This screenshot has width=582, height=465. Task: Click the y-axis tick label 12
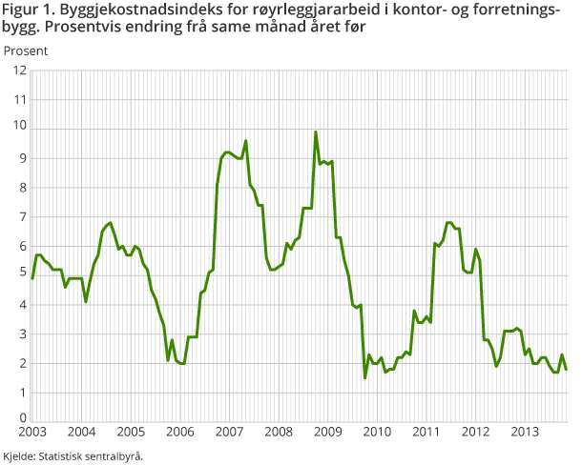pos(19,71)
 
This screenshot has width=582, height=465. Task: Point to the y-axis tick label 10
pos(19,129)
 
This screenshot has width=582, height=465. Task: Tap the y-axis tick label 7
pos(22,217)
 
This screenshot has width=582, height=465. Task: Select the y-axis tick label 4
pos(22,305)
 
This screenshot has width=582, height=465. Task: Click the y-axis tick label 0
pos(22,418)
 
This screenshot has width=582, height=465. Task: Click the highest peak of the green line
pos(316,131)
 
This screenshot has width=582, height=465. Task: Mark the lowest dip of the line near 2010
pos(364,378)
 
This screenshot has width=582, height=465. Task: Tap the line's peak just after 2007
pos(246,141)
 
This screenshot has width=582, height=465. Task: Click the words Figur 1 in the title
pos(26,10)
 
